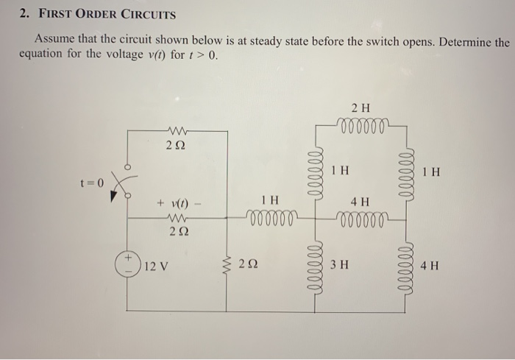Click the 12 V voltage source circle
point(128,264)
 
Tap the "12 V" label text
point(157,265)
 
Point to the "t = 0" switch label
point(93,181)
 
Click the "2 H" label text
point(360,108)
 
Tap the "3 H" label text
point(339,265)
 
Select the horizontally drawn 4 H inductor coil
point(360,218)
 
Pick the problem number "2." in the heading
point(24,15)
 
